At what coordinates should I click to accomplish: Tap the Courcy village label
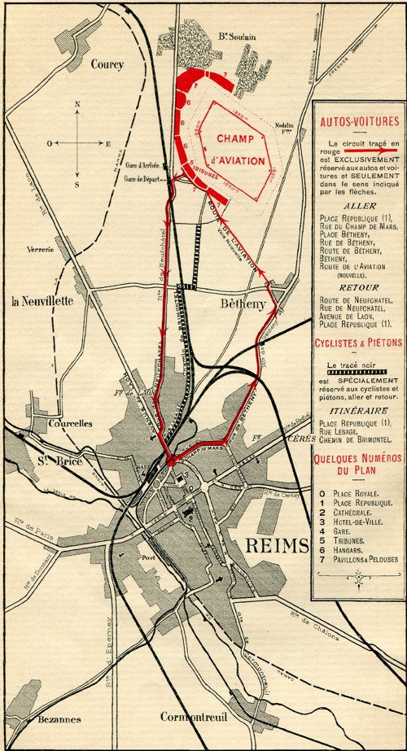point(106,63)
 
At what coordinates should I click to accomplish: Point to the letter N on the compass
point(77,104)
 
